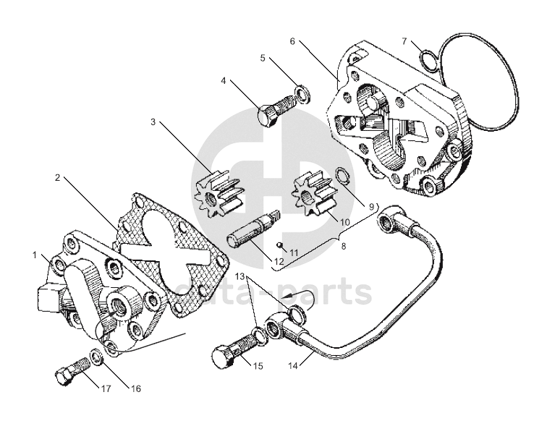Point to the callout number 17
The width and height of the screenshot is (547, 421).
point(106,388)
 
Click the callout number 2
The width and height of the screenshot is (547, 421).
point(57,177)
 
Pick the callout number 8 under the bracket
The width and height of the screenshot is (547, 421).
point(342,246)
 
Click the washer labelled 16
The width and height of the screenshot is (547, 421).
point(95,357)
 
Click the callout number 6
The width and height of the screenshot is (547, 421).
point(292,41)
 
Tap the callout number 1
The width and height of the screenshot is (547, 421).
point(34,255)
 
